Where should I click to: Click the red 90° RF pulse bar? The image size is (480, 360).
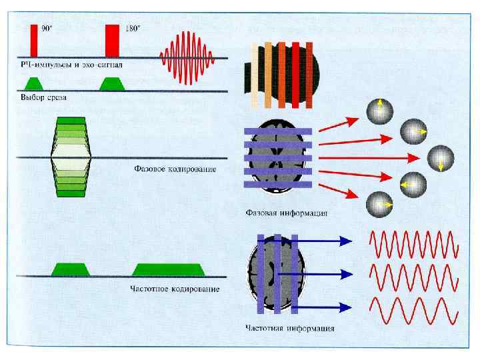(x=34, y=41)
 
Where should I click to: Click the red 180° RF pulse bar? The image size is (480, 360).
(x=112, y=41)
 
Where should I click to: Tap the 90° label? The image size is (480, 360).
(x=47, y=29)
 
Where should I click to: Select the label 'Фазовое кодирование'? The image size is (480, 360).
(x=174, y=169)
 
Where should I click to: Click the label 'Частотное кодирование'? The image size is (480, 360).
(x=174, y=289)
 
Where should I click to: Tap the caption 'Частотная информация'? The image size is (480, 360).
(x=289, y=328)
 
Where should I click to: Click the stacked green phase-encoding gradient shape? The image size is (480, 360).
(x=71, y=157)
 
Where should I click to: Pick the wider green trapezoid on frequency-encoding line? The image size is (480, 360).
(x=168, y=269)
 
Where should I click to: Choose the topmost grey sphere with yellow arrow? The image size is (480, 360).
(x=379, y=110)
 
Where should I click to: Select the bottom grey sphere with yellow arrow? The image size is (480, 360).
(x=379, y=203)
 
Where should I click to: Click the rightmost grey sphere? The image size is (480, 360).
(x=441, y=158)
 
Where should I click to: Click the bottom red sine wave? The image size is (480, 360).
(x=413, y=309)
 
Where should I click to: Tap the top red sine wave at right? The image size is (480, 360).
(x=413, y=243)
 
